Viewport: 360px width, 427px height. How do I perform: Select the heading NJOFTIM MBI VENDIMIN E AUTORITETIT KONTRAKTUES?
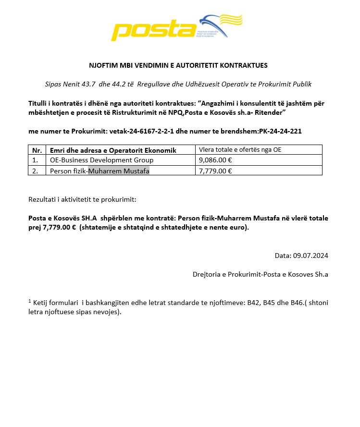pos(178,65)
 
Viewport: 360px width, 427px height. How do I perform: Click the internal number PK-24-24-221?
pos(280,131)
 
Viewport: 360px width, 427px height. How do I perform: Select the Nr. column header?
pos(37,150)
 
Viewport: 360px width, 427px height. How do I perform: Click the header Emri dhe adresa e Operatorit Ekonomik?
pos(113,150)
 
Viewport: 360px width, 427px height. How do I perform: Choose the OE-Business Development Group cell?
pos(102,160)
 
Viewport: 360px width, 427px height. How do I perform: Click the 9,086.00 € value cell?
pos(215,160)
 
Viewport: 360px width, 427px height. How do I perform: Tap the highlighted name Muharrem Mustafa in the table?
pos(119,171)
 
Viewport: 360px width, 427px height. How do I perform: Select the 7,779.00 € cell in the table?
pos(215,171)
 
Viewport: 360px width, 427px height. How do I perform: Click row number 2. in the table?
pos(35,171)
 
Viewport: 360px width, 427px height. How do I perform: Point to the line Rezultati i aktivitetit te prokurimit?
pos(83,199)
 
